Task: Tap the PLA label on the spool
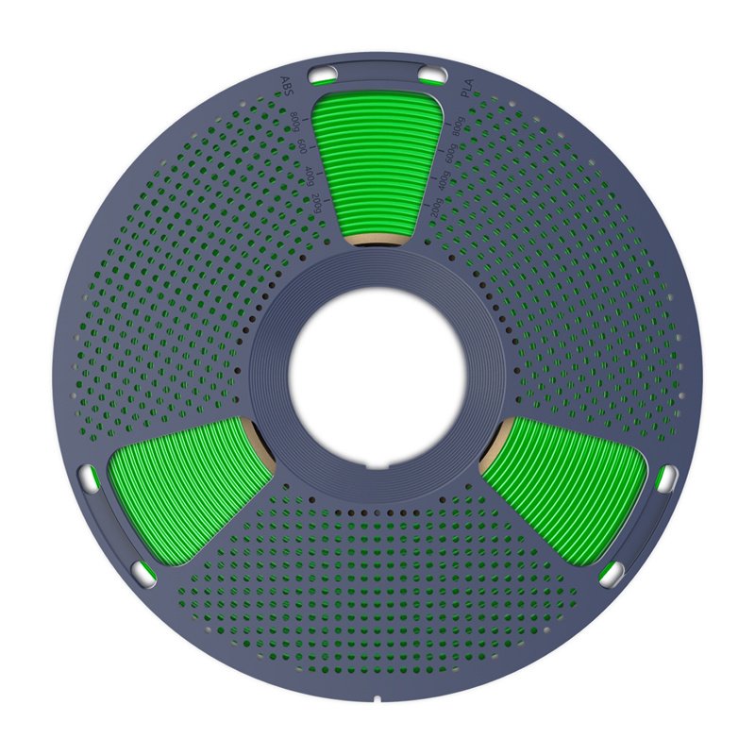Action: (465, 91)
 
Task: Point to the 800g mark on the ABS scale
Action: (294, 122)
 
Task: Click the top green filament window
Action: (376, 160)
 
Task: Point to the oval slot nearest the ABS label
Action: (322, 74)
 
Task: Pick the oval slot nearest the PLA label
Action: (432, 75)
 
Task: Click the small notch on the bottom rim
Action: (377, 700)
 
